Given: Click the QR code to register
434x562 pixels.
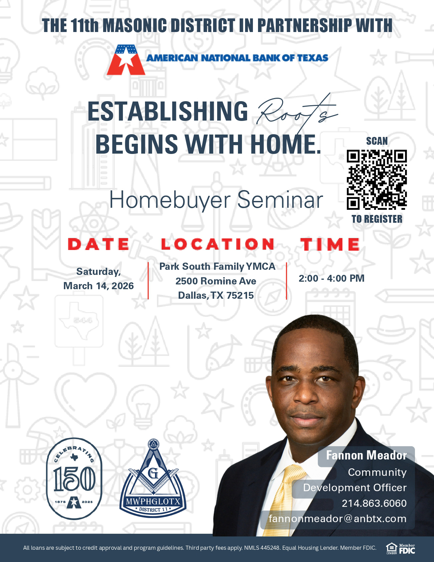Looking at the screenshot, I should pos(377,179).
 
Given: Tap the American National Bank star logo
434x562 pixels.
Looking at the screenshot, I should pos(126,60).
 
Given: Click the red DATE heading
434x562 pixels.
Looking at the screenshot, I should pos(99,244).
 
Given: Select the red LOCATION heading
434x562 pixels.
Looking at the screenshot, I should pos(218,244).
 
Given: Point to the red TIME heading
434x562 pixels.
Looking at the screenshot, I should pos(330,245).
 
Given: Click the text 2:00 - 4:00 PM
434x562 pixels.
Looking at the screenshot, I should pos(332,278).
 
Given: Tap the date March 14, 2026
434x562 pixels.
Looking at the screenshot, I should pos(99,286).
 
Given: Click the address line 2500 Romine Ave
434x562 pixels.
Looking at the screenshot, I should pos(216,281).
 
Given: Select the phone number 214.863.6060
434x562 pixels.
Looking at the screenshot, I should pos(374,503).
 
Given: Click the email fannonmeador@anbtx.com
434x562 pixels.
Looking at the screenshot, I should pos(337,518).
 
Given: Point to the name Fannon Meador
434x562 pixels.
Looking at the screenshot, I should pos(366,455).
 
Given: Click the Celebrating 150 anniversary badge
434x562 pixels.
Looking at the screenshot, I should pos(74,478).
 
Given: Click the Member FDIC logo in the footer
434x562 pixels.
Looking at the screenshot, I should pos(407,548).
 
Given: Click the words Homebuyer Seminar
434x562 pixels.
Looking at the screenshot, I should pos(216,200).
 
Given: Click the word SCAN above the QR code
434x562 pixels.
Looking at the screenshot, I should pos(377,141).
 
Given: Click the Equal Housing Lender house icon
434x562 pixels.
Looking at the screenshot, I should pos(391,548).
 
